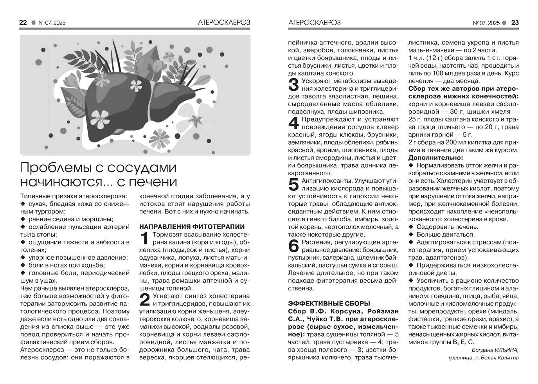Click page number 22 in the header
[x=23, y=23]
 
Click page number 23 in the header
[x=515, y=23]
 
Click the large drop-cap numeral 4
[x=293, y=123]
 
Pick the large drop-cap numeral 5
[x=293, y=185]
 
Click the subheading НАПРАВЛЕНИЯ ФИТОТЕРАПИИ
[x=192, y=227]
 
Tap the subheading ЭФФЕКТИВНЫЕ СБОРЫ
[x=329, y=303]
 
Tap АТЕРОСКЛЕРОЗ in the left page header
[x=224, y=23]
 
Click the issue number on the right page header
[x=486, y=23]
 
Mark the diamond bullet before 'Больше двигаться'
[x=411, y=235]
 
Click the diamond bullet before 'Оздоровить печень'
[x=411, y=227]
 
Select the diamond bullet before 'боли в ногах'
[x=23, y=265]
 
